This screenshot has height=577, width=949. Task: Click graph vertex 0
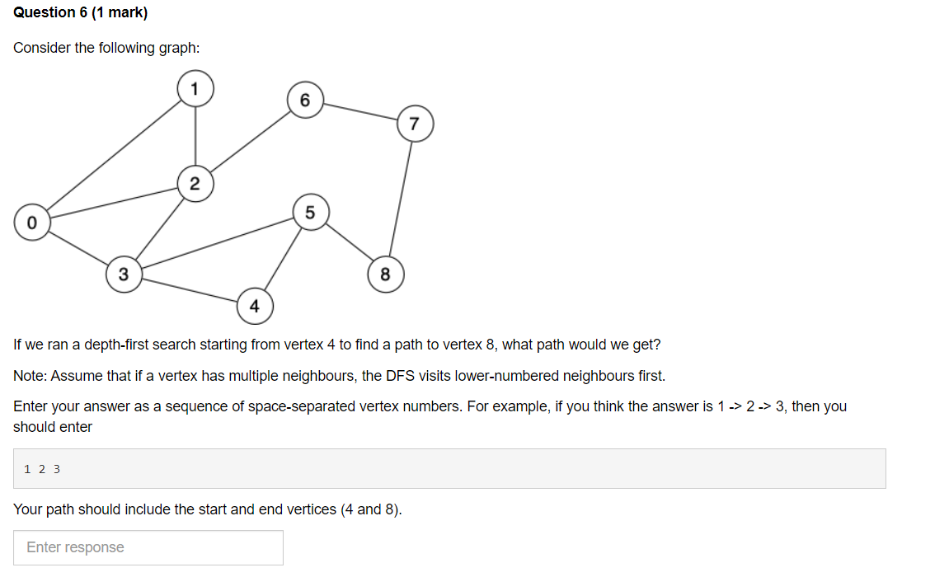32,223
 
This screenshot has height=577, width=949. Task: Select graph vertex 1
195,89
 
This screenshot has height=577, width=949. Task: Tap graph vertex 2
195,183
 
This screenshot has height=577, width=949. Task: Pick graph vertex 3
124,274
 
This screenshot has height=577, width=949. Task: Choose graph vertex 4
254,307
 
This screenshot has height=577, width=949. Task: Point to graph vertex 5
310,213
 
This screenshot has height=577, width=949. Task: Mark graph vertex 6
305,101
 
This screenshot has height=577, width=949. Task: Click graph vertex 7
415,124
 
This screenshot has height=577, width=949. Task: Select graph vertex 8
385,274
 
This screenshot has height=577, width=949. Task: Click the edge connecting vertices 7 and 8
401,198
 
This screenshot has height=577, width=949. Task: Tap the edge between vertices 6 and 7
359,112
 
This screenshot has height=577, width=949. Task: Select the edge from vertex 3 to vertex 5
216,243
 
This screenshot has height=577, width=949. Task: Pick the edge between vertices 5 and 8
348,244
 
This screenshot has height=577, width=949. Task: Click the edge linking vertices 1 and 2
195,136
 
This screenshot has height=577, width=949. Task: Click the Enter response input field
148,547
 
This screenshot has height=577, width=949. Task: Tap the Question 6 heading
75,13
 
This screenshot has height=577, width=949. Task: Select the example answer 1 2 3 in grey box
42,469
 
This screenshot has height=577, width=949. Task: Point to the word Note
30,376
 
